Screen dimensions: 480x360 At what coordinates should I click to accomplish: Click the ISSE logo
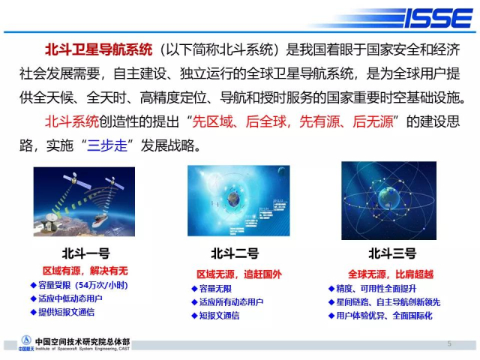coord(439,18)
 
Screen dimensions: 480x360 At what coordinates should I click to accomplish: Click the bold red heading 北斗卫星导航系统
coord(98,49)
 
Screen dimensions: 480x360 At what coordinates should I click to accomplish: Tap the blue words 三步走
coord(106,145)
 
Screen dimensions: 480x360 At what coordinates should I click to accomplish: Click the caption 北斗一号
coord(86,253)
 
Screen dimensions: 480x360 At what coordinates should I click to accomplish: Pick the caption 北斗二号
coord(235,253)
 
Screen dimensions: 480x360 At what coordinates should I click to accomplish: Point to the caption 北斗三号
coord(392,253)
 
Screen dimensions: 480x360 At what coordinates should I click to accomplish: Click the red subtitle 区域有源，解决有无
coord(85,271)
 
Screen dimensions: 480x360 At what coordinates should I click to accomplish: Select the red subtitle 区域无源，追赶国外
coord(239,274)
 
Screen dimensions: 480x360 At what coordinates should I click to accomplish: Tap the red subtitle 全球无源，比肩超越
coord(391,274)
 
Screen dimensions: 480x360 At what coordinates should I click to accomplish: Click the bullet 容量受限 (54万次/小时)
coord(79,285)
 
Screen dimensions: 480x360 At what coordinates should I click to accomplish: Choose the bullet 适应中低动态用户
coord(67,298)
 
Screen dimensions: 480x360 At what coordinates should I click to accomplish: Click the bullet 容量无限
coord(211,289)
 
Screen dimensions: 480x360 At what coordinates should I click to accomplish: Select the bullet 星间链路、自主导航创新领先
coord(385,302)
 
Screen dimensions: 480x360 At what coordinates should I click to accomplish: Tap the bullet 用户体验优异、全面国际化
coord(380,316)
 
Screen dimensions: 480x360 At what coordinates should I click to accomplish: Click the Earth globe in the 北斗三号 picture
coord(388,198)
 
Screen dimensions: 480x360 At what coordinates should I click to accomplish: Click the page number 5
coord(449,343)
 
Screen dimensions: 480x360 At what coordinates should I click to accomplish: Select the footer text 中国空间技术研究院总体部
coord(82,341)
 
